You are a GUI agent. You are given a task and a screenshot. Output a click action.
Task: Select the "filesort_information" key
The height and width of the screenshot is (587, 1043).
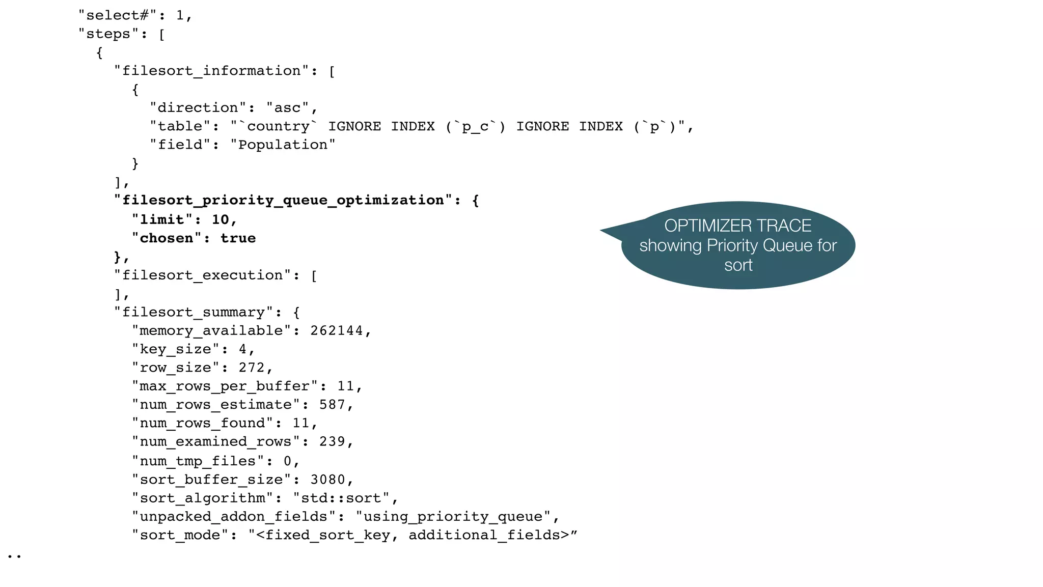[x=211, y=71]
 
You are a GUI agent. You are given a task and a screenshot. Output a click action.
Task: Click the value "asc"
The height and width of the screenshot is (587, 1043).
[x=287, y=108]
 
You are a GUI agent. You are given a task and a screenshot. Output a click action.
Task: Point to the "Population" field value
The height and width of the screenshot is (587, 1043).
[x=283, y=145]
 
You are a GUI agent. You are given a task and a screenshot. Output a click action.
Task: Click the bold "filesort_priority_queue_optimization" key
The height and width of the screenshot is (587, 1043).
[x=283, y=200]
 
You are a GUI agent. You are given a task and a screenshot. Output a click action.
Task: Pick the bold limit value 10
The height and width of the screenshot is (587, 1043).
[x=220, y=219]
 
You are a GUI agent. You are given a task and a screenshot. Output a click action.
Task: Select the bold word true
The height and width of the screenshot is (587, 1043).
[x=238, y=238]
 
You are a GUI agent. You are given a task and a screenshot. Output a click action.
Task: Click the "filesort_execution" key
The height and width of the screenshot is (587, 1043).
[x=202, y=275]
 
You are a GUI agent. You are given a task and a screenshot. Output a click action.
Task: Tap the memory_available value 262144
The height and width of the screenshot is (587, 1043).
[x=336, y=331]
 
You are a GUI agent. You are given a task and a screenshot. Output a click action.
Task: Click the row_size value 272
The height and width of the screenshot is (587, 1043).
[x=252, y=368]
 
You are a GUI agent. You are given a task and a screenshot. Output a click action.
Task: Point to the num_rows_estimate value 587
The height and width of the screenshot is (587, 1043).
[x=332, y=405]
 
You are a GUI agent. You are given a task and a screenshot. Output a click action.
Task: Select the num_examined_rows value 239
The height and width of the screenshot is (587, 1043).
[x=332, y=441]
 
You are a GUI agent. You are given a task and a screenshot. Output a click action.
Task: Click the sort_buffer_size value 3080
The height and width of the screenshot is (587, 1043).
[x=327, y=480]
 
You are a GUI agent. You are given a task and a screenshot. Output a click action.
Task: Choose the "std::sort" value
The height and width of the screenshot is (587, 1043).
[x=341, y=498]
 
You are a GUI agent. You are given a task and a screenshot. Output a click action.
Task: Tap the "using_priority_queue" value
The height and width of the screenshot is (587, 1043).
[x=453, y=517]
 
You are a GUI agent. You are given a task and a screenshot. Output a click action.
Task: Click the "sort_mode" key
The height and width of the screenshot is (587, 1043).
[x=180, y=535]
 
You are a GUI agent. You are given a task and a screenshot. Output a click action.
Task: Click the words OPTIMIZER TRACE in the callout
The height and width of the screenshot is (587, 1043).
[x=737, y=226]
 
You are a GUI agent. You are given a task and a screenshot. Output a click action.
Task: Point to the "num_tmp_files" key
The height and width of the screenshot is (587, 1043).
[x=198, y=461]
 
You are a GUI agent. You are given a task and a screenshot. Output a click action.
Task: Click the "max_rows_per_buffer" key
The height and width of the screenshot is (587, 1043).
[x=225, y=386]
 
